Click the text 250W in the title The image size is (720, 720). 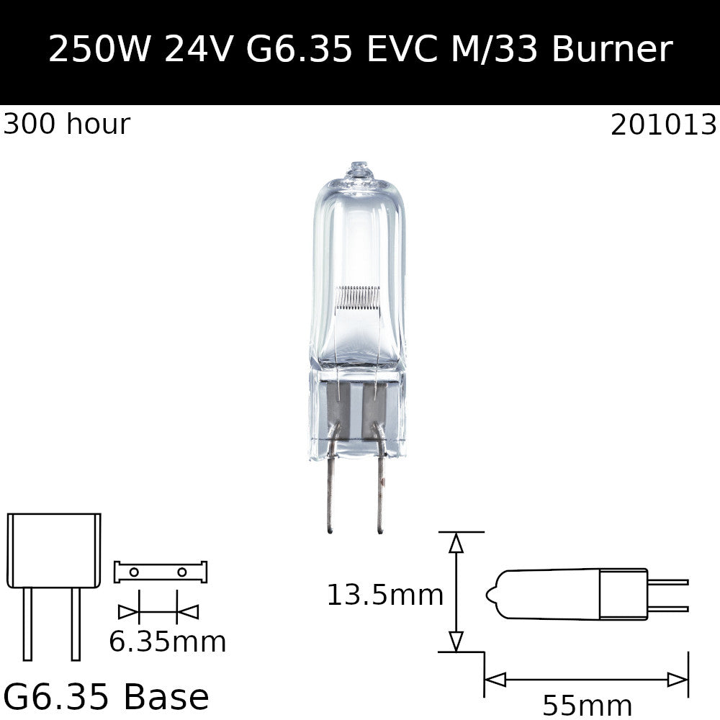(x=99, y=49)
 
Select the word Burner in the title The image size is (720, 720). (x=612, y=49)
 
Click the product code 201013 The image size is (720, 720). (x=663, y=125)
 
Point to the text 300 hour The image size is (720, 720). (x=67, y=124)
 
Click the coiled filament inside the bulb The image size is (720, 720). (x=358, y=297)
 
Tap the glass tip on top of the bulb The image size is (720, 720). (x=358, y=170)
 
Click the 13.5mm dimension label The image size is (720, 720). (x=385, y=595)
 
